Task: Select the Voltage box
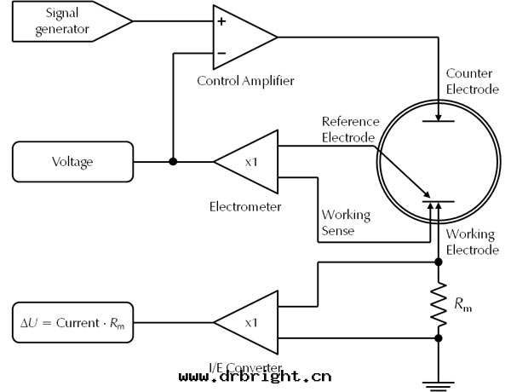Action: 73,161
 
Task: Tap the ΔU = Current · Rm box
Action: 73,322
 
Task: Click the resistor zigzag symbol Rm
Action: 439,303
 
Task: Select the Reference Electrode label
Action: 348,130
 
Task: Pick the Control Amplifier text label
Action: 245,81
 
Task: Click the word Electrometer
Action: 245,206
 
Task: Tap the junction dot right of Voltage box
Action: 173,161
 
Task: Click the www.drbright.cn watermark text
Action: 255,376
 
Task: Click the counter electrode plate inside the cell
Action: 438,121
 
